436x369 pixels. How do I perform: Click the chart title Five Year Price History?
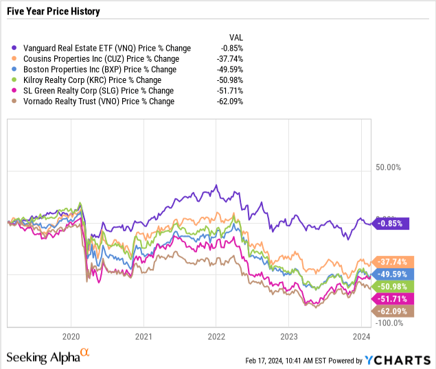point(54,12)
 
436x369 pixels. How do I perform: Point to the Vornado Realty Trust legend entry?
point(96,102)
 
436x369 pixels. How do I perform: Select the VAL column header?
point(236,38)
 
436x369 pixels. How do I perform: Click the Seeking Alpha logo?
point(48,356)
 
